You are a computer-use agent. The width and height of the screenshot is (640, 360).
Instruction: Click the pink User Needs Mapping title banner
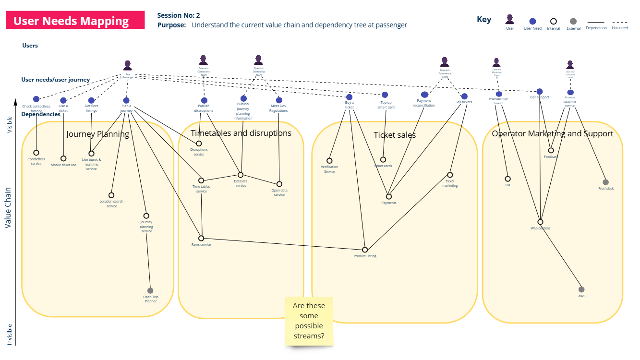(75, 21)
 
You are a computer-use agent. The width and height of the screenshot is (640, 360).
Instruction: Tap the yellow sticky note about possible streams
(309, 321)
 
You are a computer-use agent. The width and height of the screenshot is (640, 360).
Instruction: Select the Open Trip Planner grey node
(150, 290)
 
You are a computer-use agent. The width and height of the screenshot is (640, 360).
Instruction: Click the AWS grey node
(581, 289)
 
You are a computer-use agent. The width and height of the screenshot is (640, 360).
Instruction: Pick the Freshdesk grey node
(605, 182)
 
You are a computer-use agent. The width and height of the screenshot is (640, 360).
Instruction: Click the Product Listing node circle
(365, 250)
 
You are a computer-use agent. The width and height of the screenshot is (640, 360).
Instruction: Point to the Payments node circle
(389, 196)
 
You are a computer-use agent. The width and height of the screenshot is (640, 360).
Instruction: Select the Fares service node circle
(201, 238)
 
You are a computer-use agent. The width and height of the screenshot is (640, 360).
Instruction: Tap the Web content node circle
(540, 222)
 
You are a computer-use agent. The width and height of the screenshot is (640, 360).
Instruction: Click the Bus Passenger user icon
(127, 66)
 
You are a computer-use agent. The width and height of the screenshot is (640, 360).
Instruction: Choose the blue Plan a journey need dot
(126, 100)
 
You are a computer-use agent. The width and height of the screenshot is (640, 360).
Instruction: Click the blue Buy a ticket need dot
(349, 97)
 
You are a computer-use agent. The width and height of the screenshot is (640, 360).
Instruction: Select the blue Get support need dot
(540, 92)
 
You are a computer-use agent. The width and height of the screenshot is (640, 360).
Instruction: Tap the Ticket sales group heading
(395, 135)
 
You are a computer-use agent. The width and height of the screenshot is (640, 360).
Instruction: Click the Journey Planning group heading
(97, 134)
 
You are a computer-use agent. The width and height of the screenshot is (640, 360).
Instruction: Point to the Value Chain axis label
(8, 207)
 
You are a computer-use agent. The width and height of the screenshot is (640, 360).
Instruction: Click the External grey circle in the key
(573, 21)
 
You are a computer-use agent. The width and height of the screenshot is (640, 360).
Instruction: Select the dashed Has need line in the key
(620, 22)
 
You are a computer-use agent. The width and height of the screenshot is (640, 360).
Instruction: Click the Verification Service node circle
(329, 161)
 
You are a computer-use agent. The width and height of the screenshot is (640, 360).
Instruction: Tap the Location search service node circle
(111, 195)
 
